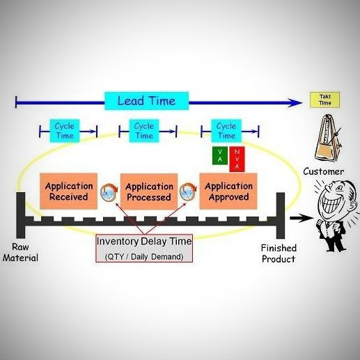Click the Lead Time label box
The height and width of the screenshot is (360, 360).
[x=146, y=101]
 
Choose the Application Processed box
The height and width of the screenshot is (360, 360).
[x=148, y=191]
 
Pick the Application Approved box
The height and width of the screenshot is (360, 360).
[x=228, y=191]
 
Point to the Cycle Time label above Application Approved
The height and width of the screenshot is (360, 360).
[x=226, y=130]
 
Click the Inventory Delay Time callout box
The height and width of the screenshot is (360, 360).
[x=143, y=247]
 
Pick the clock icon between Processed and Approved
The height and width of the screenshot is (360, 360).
[x=188, y=191]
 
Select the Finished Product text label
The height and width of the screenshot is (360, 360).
[x=278, y=253]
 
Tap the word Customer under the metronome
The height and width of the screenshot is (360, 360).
[x=323, y=171]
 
